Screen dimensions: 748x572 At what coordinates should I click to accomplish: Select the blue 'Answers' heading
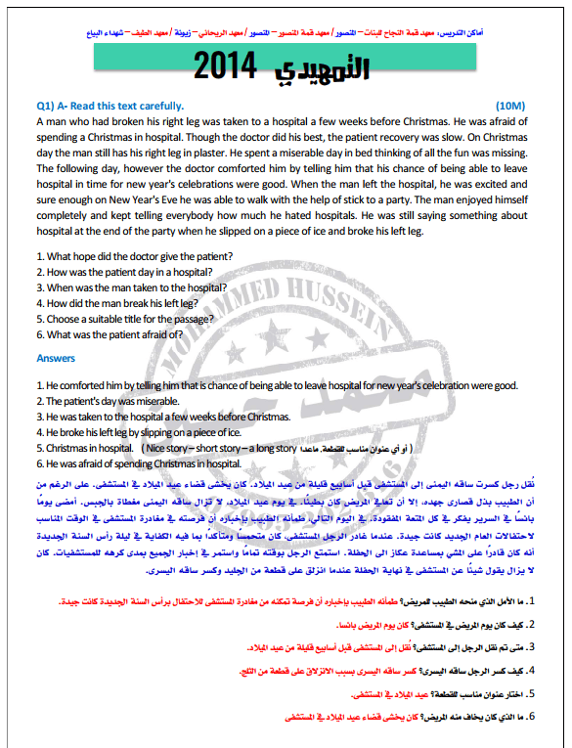pyautogui.click(x=56, y=358)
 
